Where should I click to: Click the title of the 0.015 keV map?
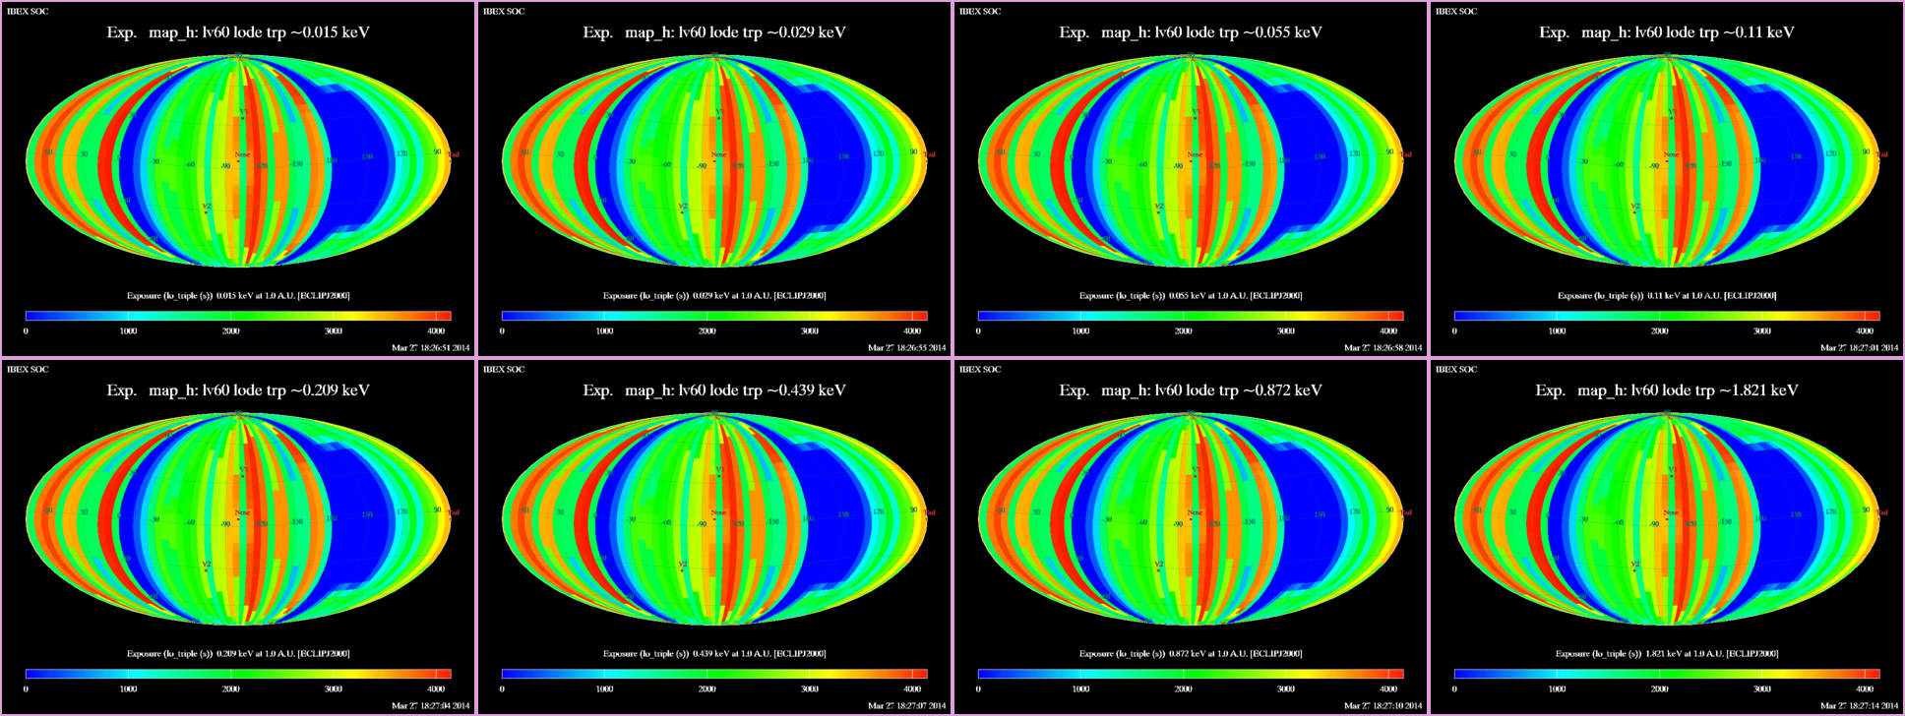[x=238, y=32]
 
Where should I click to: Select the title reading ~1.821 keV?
[x=1667, y=390]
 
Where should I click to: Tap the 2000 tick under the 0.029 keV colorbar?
[x=707, y=331]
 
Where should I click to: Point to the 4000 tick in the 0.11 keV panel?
[x=1864, y=331]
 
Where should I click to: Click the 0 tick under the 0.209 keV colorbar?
[x=26, y=689]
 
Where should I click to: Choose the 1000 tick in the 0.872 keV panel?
[x=1080, y=689]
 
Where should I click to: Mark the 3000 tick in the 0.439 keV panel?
[x=809, y=689]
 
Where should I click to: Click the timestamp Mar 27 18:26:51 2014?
[x=430, y=347]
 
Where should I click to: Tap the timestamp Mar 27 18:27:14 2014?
[x=1859, y=705]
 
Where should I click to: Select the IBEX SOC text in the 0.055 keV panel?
[x=980, y=12]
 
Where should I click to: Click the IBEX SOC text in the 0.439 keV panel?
[x=504, y=370]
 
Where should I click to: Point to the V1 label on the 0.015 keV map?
[x=242, y=113]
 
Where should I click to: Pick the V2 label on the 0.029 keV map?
[x=682, y=207]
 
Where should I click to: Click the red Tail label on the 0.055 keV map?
[x=1406, y=154]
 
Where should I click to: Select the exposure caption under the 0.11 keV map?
[x=1667, y=295]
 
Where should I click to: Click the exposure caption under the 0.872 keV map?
[x=1191, y=653]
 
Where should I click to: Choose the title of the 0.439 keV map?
[x=714, y=390]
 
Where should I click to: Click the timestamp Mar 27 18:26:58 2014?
[x=1383, y=347]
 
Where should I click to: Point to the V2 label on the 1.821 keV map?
[x=1634, y=565]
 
